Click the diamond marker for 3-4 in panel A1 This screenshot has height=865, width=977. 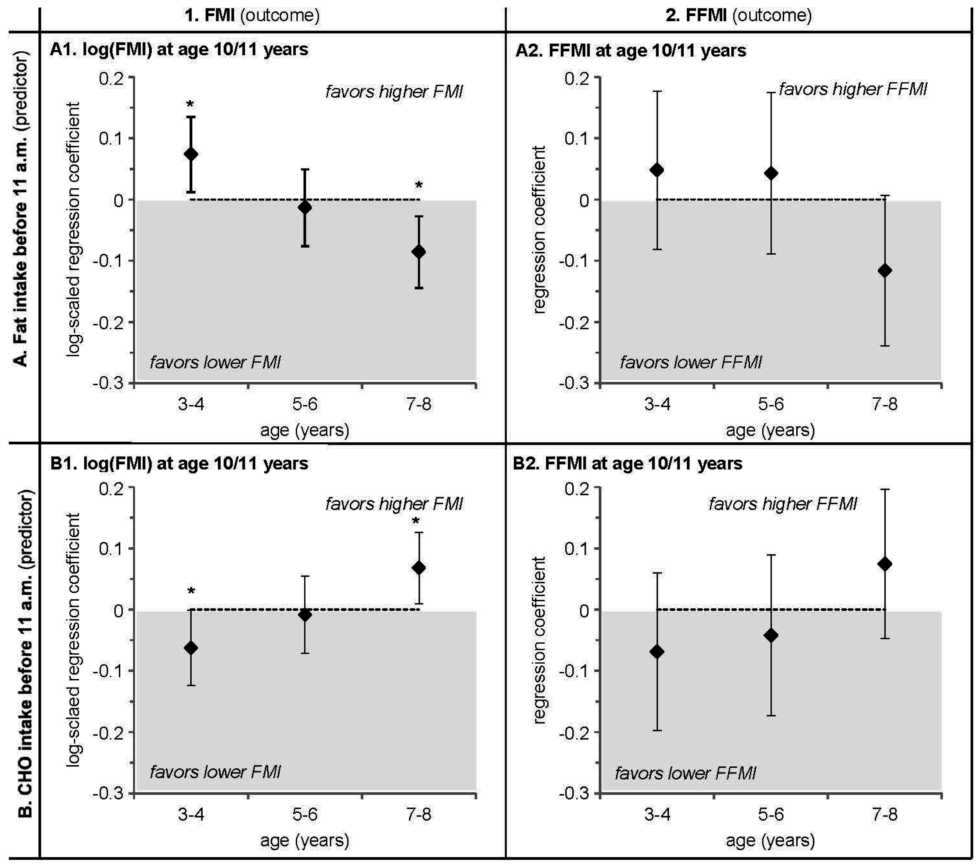[x=191, y=154]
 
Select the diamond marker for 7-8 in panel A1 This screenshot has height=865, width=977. [x=419, y=252]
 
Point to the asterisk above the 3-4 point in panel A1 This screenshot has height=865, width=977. [x=190, y=105]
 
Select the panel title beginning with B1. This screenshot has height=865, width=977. [x=179, y=463]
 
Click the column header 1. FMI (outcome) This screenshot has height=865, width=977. [x=252, y=15]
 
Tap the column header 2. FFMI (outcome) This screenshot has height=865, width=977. [x=738, y=15]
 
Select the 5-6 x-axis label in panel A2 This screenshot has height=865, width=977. [x=770, y=404]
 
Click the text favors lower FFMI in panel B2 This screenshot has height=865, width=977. [x=685, y=773]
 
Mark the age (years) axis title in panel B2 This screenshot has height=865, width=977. [x=770, y=840]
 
